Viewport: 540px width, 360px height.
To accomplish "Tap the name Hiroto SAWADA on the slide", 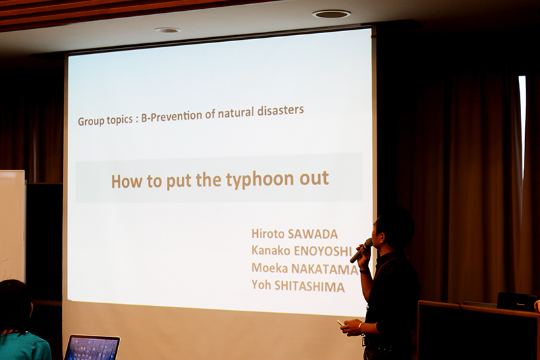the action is [294, 234].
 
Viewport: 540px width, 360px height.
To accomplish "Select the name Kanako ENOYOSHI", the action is [302, 251].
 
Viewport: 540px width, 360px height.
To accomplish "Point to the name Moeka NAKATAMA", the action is [305, 268].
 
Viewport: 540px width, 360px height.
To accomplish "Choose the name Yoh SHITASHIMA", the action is [298, 286].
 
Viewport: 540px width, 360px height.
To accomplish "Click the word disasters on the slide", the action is [280, 111].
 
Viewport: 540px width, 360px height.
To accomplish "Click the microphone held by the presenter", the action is [361, 250].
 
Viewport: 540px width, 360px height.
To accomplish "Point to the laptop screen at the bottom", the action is [92, 348].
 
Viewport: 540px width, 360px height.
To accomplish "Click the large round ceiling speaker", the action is [331, 14].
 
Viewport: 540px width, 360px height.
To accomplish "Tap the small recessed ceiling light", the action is [167, 30].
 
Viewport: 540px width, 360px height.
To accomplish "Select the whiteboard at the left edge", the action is [12, 226].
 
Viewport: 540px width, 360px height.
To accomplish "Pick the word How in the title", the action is [127, 181].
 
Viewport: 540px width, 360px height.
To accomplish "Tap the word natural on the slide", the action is [236, 113].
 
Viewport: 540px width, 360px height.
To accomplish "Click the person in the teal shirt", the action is [21, 322].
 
